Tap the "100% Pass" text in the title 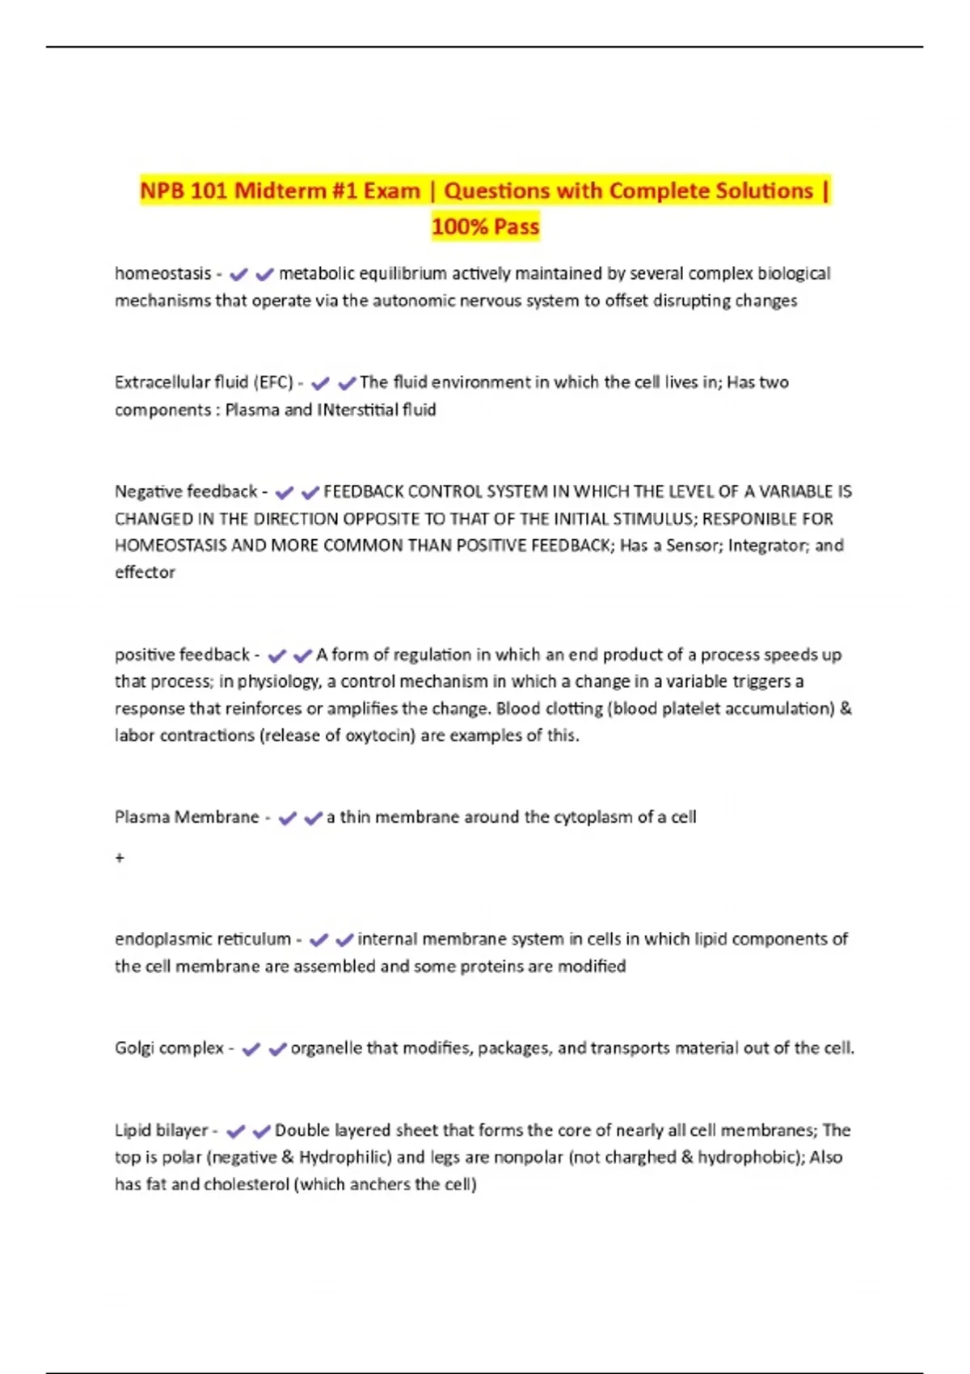[485, 227]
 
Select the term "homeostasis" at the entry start [162, 274]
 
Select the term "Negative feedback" [186, 491]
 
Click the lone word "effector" [145, 572]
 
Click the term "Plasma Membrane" [187, 817]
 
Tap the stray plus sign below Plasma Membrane [120, 858]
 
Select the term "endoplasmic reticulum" [203, 939]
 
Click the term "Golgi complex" [169, 1048]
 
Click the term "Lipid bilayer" [161, 1131]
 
